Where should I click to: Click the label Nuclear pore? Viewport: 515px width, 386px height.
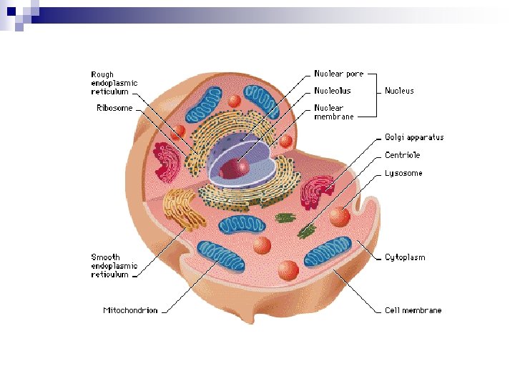click(x=338, y=74)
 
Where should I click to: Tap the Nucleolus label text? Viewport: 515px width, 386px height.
click(x=332, y=91)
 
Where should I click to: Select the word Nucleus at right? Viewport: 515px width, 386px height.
click(x=399, y=91)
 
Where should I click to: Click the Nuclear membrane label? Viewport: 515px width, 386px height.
click(x=333, y=112)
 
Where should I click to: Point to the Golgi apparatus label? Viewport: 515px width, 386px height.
click(x=414, y=137)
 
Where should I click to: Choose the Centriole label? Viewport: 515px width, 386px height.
click(x=402, y=155)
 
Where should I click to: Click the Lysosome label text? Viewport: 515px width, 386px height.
click(x=403, y=173)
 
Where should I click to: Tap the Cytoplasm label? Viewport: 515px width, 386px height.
click(x=405, y=257)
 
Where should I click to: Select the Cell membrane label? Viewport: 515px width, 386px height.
click(x=413, y=310)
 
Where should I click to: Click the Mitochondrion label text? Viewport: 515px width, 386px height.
click(x=130, y=310)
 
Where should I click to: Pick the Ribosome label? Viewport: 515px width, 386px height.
click(x=114, y=108)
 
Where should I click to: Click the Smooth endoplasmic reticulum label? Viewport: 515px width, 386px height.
click(x=114, y=265)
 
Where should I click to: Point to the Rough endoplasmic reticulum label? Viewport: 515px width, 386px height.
click(x=109, y=82)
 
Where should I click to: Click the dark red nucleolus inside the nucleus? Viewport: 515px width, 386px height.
click(x=233, y=169)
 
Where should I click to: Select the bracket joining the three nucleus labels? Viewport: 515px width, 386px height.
click(x=373, y=94)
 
